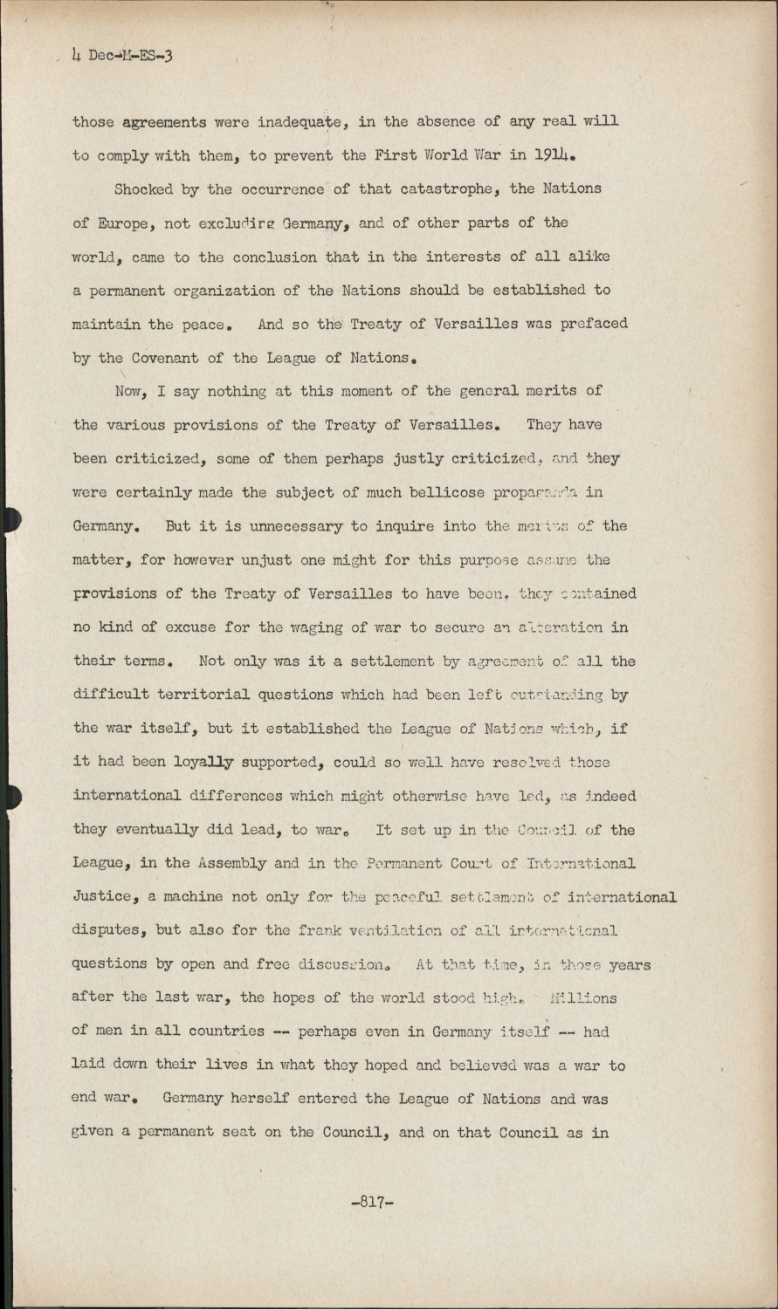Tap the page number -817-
pyautogui.click(x=373, y=1202)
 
